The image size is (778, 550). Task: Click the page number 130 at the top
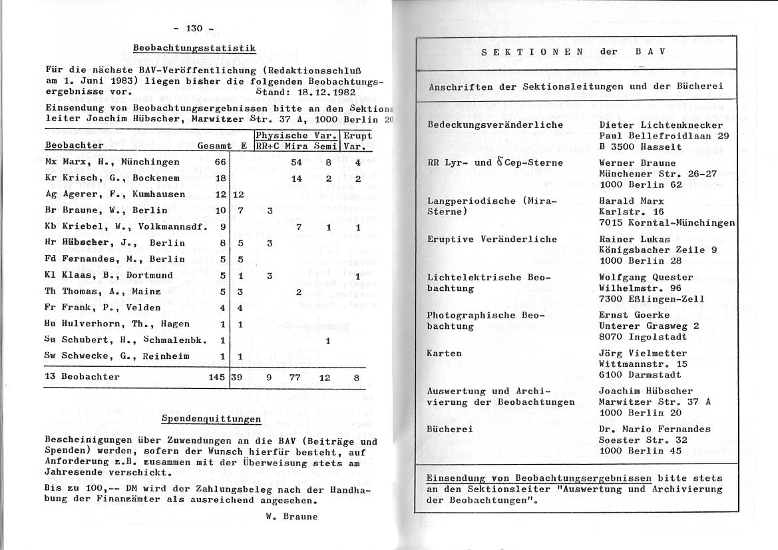(194, 28)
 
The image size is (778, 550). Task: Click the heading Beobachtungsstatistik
(194, 48)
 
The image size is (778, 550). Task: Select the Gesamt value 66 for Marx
(220, 162)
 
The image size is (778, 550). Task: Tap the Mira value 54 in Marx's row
(296, 162)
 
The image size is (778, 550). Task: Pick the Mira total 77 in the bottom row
(295, 377)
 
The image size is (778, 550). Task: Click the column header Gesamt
(214, 145)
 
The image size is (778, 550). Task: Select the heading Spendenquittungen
(211, 419)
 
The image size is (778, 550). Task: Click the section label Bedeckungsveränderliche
(494, 125)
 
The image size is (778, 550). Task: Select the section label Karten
(444, 353)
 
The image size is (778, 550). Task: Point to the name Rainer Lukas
(636, 239)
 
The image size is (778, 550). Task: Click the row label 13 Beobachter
(83, 377)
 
